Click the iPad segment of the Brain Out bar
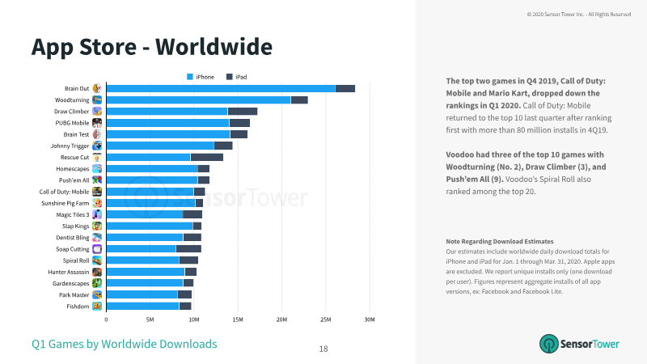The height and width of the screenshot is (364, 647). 345,88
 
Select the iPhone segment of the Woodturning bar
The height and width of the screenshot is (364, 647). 198,99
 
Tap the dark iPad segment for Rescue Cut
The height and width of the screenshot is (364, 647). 207,157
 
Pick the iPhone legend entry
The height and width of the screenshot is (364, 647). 201,77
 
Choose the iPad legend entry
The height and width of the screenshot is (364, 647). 236,77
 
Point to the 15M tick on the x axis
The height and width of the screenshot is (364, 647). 238,320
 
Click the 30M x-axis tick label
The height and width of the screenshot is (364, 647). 370,320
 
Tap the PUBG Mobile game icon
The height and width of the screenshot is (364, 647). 97,123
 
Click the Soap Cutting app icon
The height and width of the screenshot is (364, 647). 97,249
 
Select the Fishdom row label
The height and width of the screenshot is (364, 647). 78,307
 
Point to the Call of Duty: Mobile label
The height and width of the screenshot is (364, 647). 64,192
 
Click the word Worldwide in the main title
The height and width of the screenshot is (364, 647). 214,47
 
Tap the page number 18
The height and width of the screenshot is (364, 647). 323,349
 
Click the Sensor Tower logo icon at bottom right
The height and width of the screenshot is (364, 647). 549,344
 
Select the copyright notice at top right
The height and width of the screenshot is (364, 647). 579,15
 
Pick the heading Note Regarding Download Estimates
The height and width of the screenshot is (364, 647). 500,241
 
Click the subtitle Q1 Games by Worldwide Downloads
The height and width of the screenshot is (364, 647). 125,344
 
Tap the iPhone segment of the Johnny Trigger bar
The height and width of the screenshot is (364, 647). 160,146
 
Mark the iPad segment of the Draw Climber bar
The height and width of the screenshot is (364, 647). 243,112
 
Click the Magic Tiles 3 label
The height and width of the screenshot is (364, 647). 73,214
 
